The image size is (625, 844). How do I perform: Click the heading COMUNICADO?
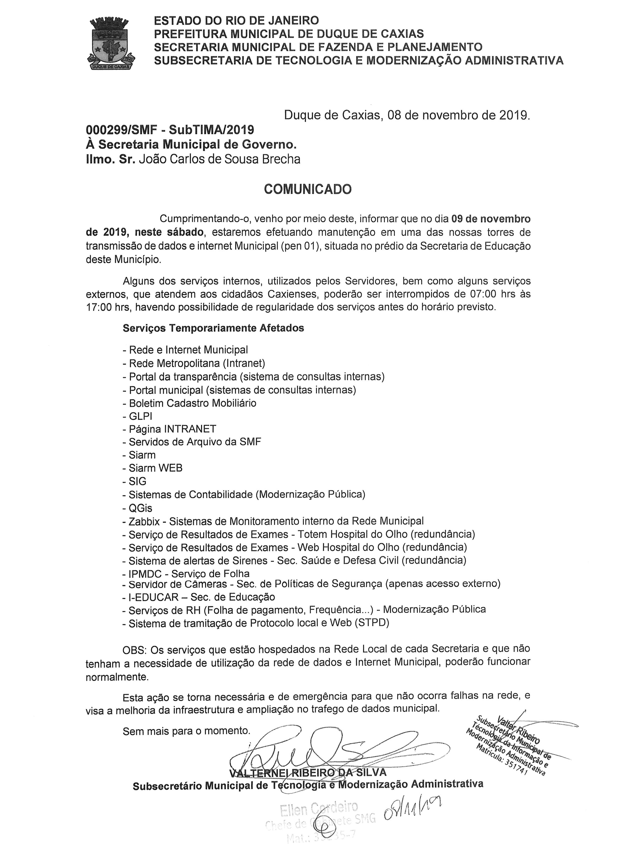click(x=308, y=189)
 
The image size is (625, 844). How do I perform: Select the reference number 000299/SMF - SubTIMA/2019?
click(x=170, y=130)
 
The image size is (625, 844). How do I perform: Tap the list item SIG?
click(x=137, y=481)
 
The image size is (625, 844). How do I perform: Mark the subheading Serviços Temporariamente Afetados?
click(x=213, y=328)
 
